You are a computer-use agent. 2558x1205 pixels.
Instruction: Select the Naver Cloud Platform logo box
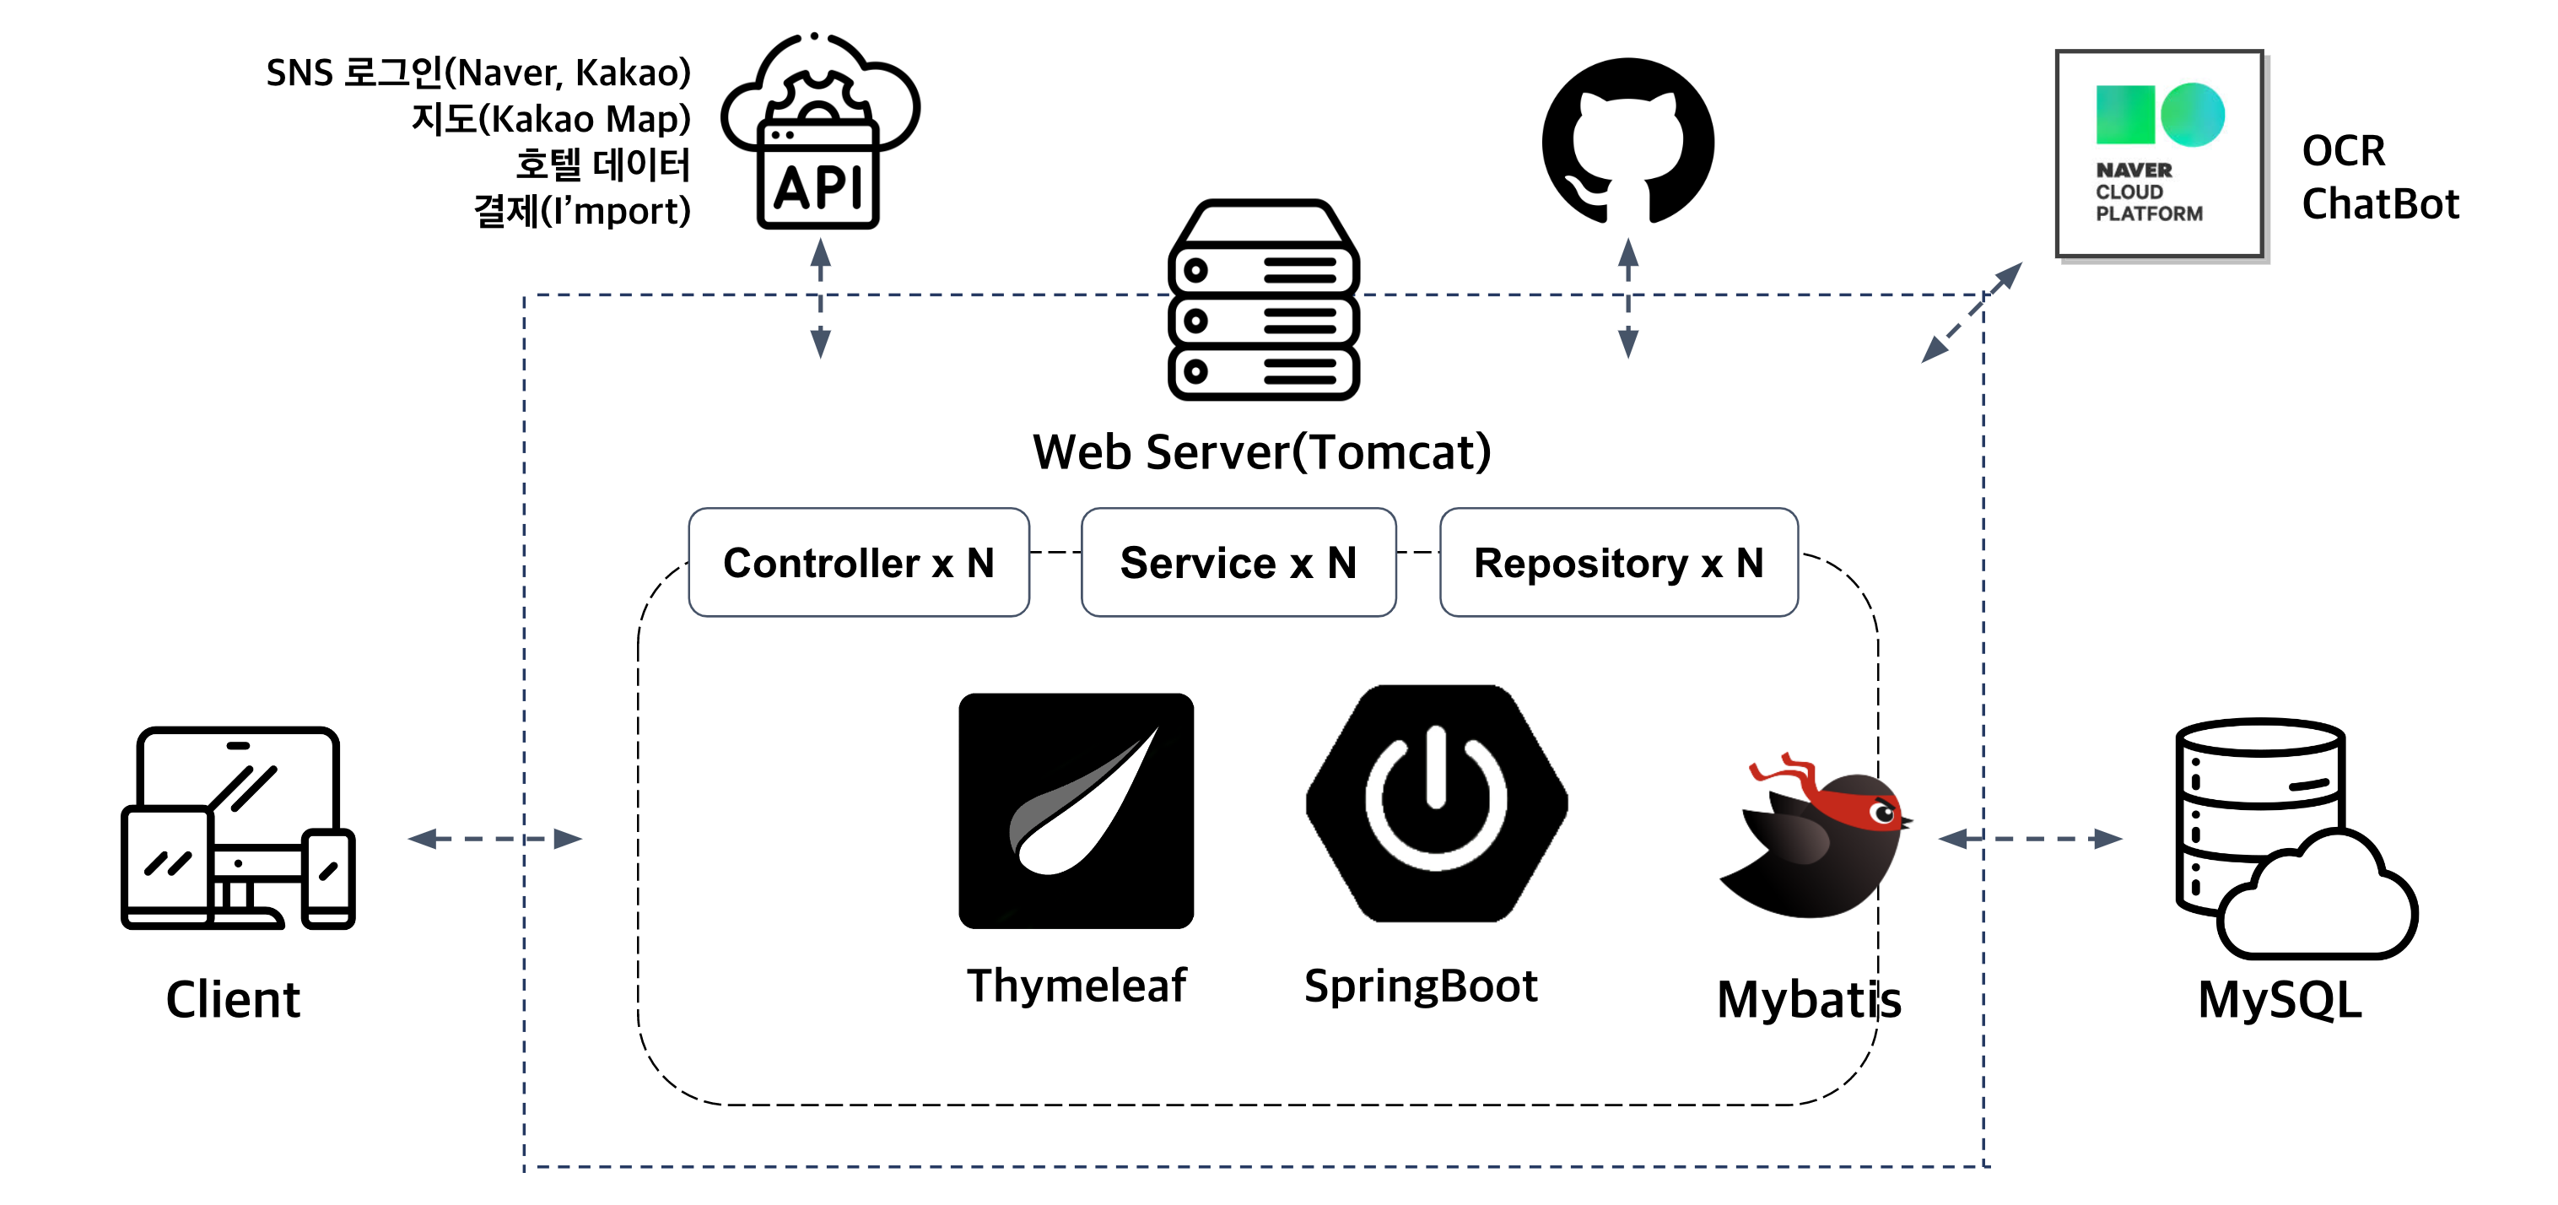click(x=2159, y=154)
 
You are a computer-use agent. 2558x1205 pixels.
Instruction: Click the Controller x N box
click(x=858, y=562)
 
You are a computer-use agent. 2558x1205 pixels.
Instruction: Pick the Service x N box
click(x=1238, y=562)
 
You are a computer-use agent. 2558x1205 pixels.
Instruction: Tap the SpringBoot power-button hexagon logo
click(x=1436, y=802)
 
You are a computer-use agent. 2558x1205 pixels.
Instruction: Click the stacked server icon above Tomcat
click(x=1263, y=300)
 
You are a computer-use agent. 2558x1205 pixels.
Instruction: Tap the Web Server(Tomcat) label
click(x=1261, y=452)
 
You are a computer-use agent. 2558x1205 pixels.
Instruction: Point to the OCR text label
click(x=2343, y=151)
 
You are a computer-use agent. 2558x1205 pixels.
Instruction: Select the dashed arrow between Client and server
click(x=494, y=839)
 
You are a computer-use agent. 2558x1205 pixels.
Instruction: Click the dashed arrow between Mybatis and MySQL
click(x=2030, y=839)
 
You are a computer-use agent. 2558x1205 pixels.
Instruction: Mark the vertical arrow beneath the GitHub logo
click(x=1627, y=298)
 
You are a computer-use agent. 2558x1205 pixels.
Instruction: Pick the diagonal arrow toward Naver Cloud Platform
click(x=1971, y=312)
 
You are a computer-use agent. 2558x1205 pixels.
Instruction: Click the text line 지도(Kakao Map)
click(x=550, y=119)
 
